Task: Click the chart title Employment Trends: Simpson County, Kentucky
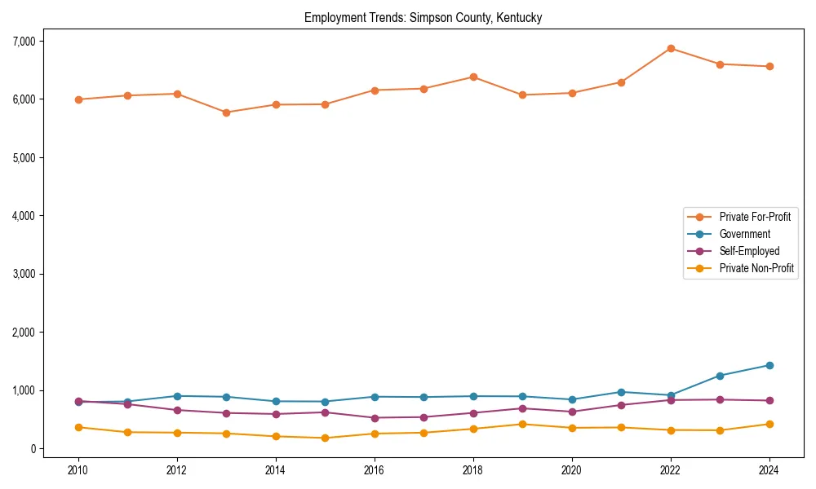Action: [423, 17]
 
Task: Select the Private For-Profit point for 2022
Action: [671, 48]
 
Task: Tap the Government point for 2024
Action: [769, 365]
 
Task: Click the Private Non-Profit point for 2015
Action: [325, 438]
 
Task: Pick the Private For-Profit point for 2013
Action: [226, 112]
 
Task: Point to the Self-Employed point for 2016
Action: [375, 418]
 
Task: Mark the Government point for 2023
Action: [720, 376]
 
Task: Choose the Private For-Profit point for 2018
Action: [473, 77]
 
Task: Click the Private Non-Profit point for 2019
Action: [522, 424]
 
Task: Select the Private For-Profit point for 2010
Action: [78, 99]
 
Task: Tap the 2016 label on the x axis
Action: [375, 470]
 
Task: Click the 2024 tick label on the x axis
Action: [769, 470]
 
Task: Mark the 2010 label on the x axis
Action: [78, 470]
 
